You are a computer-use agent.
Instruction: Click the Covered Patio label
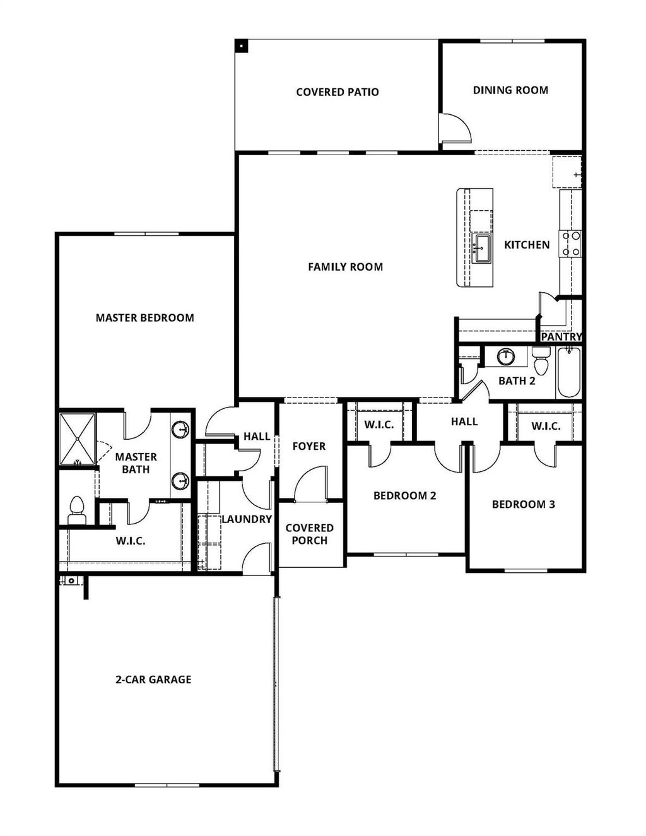pos(338,92)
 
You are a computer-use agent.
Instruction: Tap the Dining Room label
pos(510,90)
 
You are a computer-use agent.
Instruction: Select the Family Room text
pos(345,267)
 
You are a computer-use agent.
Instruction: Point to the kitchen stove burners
pos(572,244)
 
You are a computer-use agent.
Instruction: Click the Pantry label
pos(561,337)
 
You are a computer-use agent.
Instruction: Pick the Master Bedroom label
pos(144,318)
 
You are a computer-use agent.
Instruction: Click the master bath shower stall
pos(77,439)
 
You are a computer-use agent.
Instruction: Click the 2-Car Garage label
pos(153,680)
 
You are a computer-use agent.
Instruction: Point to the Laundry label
pos(246,519)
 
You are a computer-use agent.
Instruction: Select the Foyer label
pos(309,446)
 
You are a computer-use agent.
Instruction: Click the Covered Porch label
pos(310,534)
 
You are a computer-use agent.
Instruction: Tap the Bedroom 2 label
pos(404,496)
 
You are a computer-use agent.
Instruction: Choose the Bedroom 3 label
pos(524,504)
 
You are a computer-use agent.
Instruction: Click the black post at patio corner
pos(242,45)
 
